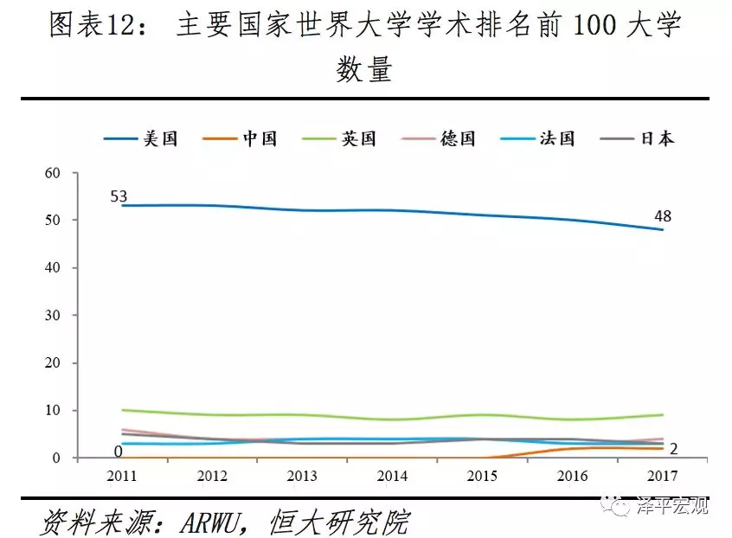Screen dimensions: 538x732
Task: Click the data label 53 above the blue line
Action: (x=119, y=196)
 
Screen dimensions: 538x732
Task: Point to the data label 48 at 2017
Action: (x=663, y=216)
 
